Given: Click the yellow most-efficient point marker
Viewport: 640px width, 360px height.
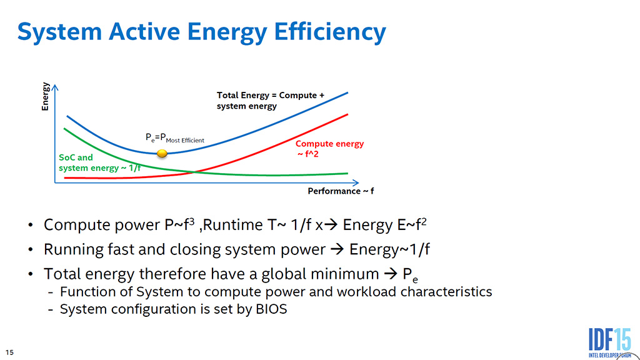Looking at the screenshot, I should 162,153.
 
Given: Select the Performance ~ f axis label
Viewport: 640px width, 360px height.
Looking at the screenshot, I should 341,191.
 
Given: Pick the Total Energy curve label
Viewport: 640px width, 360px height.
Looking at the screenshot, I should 271,101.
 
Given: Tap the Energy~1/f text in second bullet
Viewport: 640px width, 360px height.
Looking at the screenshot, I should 389,249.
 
